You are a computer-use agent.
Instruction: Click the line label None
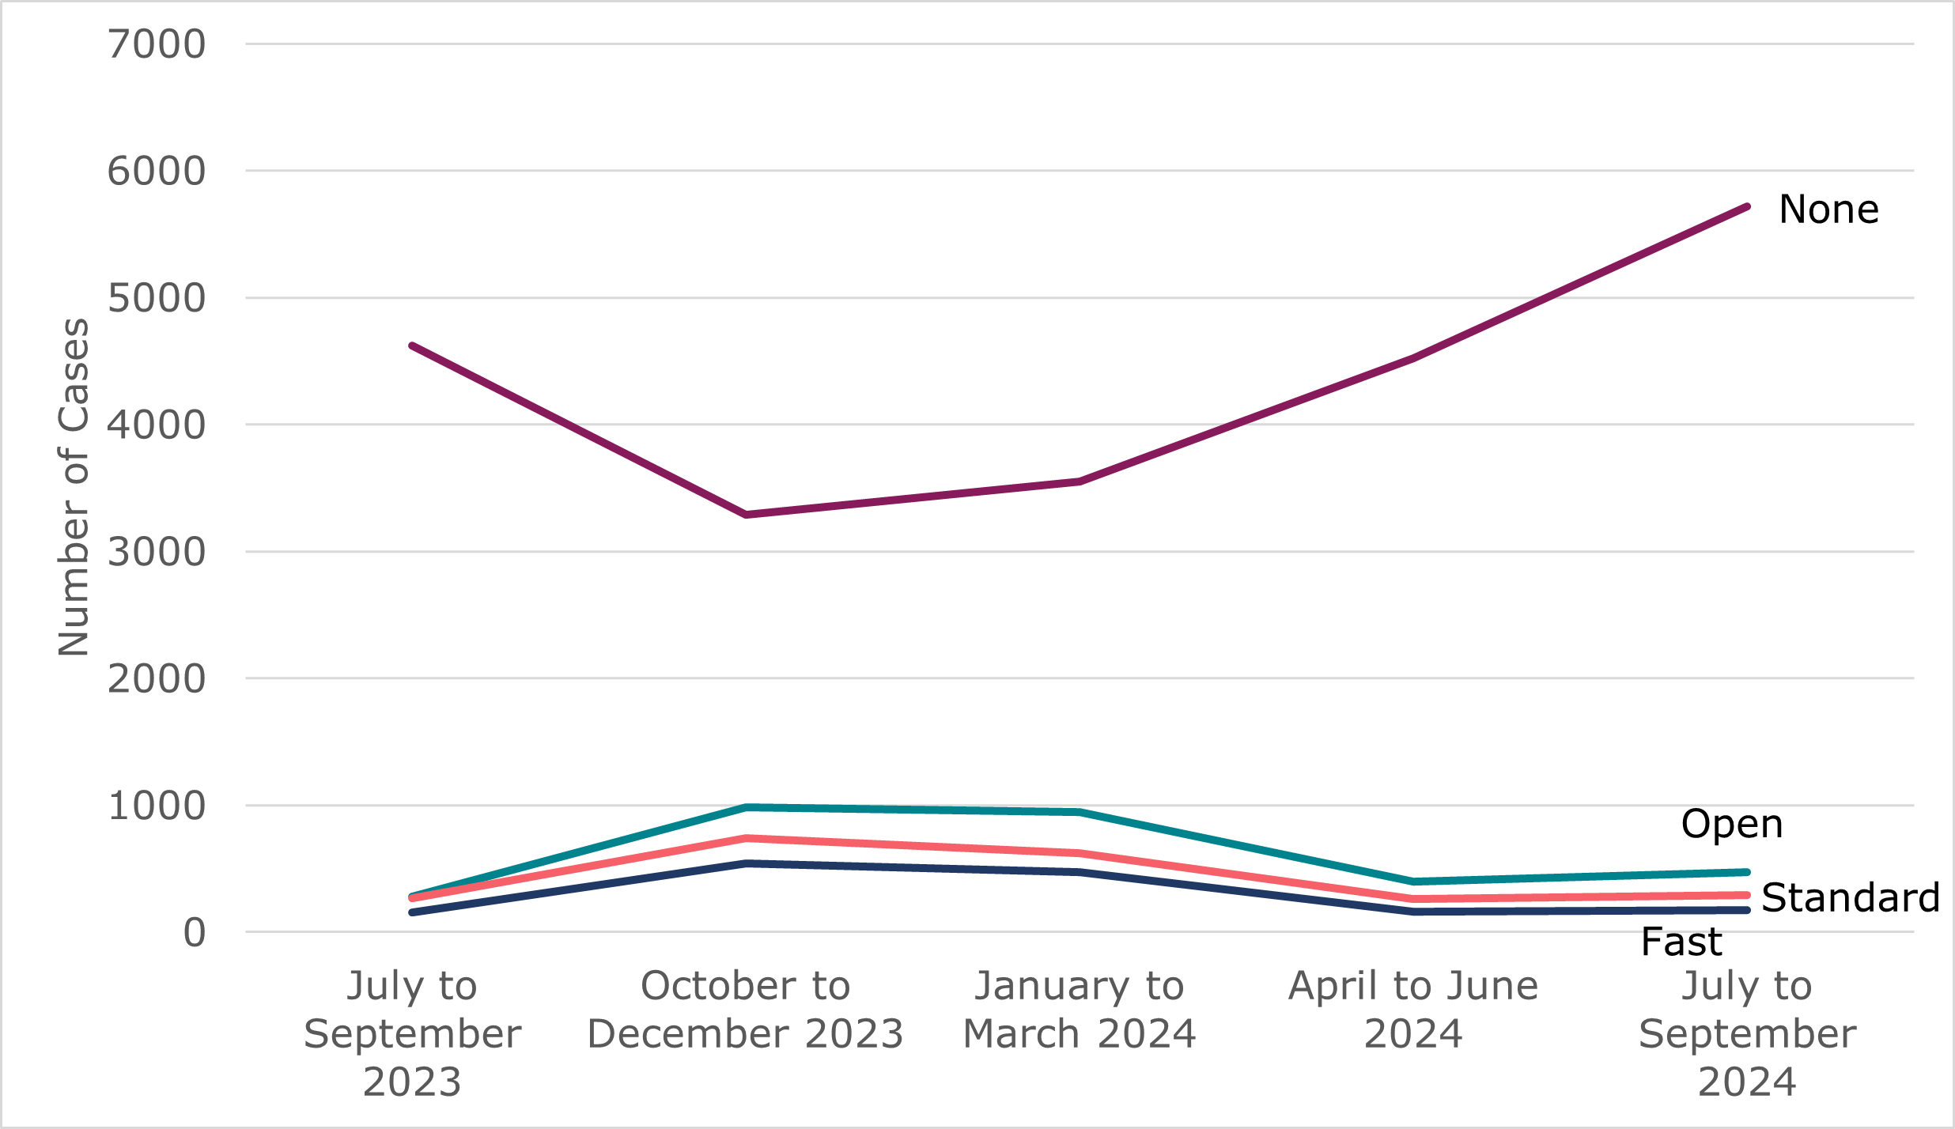tap(1828, 210)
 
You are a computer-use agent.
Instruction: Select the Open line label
tap(1731, 824)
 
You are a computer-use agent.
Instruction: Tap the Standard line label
tap(1851, 897)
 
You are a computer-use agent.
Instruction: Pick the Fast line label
tap(1681, 942)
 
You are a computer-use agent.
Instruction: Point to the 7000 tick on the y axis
tap(157, 44)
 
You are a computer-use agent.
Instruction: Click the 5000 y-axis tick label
tap(157, 299)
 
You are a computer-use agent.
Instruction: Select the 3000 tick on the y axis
tap(157, 553)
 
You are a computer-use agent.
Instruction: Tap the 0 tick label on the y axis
tap(195, 933)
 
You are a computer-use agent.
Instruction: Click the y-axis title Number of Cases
tap(74, 487)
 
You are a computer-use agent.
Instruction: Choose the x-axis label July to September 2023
tap(412, 1033)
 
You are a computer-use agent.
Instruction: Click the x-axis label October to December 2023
tap(745, 1010)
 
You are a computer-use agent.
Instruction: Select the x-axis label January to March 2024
tap(1079, 1010)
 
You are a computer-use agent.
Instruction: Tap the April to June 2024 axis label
tap(1413, 1010)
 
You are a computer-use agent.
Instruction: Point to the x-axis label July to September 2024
tap(1747, 1033)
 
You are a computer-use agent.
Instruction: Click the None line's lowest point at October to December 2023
tap(746, 515)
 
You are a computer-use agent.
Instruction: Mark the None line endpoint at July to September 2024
tap(1746, 207)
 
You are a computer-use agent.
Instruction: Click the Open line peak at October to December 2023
tap(746, 807)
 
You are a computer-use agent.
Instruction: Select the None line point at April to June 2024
tap(1413, 358)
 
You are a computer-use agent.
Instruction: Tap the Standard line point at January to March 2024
tap(1080, 853)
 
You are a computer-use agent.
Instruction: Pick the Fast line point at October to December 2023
tap(746, 863)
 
